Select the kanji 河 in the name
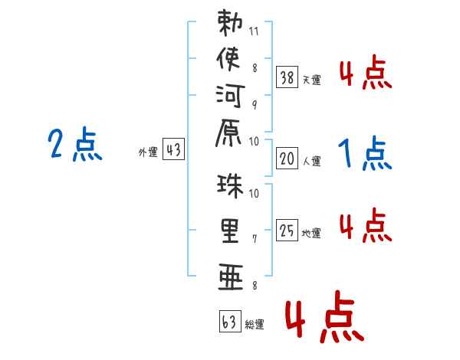230,96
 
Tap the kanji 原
228,133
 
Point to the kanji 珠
230,186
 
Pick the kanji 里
230,231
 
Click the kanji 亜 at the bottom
231,277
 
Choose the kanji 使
228,59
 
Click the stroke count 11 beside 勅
254,31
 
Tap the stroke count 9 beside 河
255,105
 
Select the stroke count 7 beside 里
255,239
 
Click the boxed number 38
287,77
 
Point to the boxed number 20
287,159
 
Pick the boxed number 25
287,230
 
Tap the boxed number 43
174,149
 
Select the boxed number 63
230,321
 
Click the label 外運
148,152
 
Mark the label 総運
255,325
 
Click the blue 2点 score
75,144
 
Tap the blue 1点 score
365,152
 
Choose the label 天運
312,80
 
